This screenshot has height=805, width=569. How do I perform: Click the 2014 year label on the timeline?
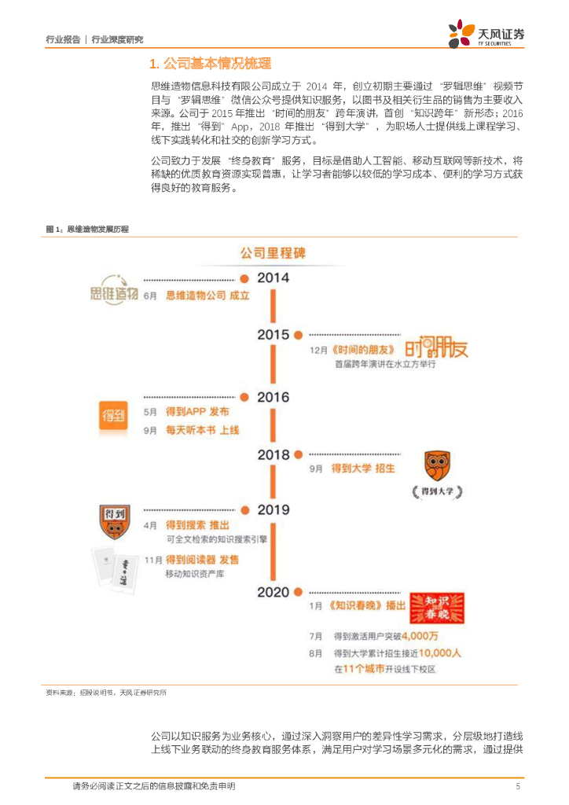pyautogui.click(x=273, y=278)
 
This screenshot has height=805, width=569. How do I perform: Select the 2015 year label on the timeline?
pyautogui.click(x=273, y=335)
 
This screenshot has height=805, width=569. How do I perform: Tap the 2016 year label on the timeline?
pyautogui.click(x=273, y=397)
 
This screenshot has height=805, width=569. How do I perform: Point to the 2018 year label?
pyautogui.click(x=273, y=454)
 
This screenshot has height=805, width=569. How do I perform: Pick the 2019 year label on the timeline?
pyautogui.click(x=273, y=510)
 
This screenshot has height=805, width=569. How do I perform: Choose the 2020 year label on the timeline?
pyautogui.click(x=273, y=592)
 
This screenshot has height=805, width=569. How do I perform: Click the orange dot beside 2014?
pyautogui.click(x=244, y=278)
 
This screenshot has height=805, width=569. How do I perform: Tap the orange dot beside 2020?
pyautogui.click(x=300, y=592)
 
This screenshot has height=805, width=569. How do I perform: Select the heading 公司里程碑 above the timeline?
pyautogui.click(x=272, y=254)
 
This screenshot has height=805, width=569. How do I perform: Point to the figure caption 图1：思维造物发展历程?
pyautogui.click(x=87, y=229)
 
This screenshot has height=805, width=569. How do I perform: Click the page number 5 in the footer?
pyautogui.click(x=517, y=786)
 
